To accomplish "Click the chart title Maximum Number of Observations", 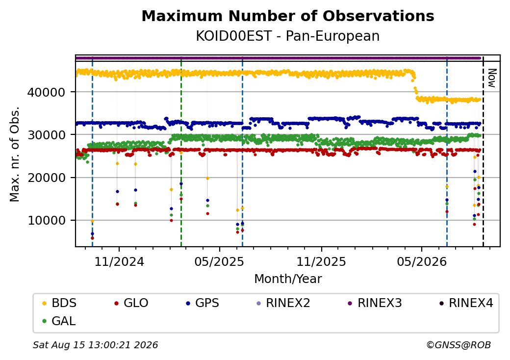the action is pyautogui.click(x=288, y=16).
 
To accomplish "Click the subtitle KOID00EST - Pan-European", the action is pyautogui.click(x=288, y=36).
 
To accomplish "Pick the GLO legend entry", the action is pyautogui.click(x=131, y=303).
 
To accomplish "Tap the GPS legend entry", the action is pyautogui.click(x=203, y=303).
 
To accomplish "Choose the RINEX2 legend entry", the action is pyautogui.click(x=283, y=303).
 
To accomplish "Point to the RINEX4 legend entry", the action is pyautogui.click(x=466, y=303).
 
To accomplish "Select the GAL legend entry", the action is pyautogui.click(x=59, y=321).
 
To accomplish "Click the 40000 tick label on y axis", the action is pyautogui.click(x=46, y=92).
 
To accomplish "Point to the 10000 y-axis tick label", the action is pyautogui.click(x=46, y=221).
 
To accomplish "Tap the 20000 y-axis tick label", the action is pyautogui.click(x=46, y=178).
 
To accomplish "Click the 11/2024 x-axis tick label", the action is pyautogui.click(x=119, y=262).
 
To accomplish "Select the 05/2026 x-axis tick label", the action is pyautogui.click(x=422, y=262).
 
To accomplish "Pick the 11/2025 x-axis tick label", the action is pyautogui.click(x=321, y=262).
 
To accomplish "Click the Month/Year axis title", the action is pyautogui.click(x=288, y=279).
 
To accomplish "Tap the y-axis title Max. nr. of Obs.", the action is pyautogui.click(x=15, y=154).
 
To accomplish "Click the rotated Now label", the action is pyautogui.click(x=491, y=78).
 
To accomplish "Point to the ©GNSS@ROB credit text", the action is pyautogui.click(x=459, y=345).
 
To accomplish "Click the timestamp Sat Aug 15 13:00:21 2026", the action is pyautogui.click(x=95, y=345).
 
